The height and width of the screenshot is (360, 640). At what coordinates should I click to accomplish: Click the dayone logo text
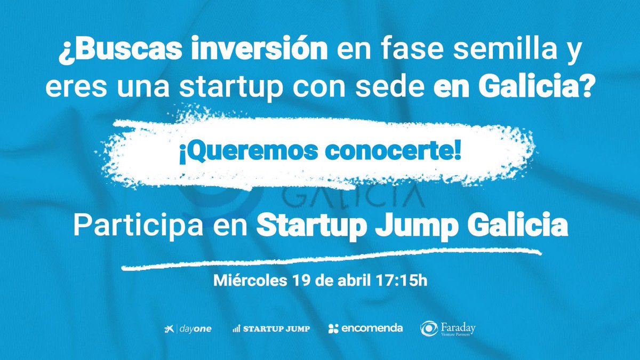tap(196, 329)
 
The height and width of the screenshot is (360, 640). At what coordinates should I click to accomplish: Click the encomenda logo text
tap(372, 328)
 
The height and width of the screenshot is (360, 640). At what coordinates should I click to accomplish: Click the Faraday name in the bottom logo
tap(457, 326)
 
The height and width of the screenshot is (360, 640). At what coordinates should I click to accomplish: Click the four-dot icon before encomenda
tap(333, 329)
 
